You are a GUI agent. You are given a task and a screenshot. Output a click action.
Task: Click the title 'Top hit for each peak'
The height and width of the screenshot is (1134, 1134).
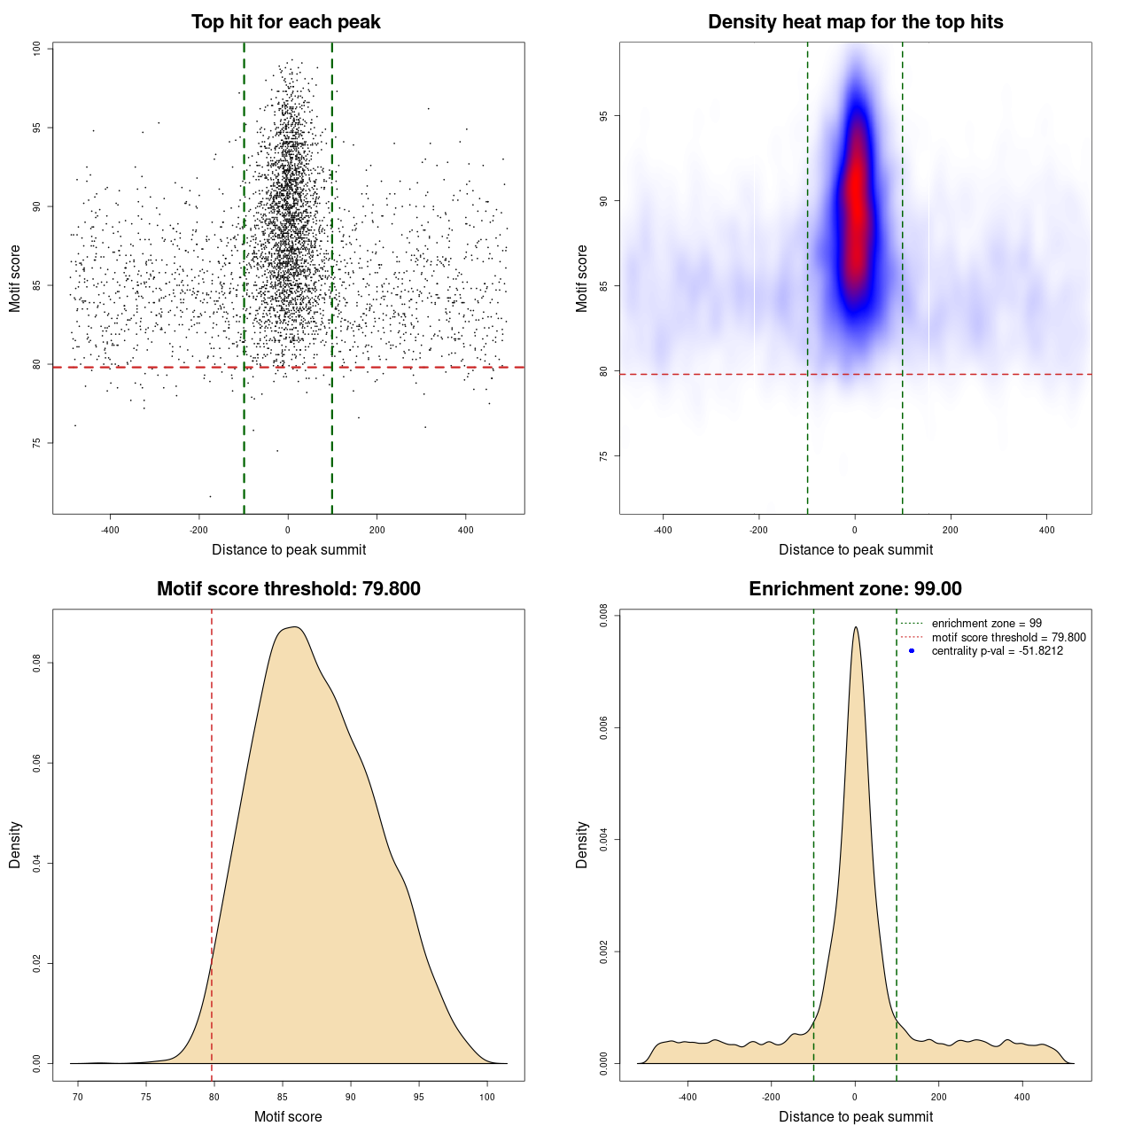coord(285,22)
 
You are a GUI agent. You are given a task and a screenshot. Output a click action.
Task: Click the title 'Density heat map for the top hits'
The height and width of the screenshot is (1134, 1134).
coord(855,22)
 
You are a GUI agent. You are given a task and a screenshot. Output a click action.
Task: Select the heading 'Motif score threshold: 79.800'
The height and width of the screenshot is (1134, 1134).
coord(288,589)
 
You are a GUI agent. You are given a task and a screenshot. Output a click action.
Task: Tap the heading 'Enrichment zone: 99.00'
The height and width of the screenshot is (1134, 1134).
coord(855,589)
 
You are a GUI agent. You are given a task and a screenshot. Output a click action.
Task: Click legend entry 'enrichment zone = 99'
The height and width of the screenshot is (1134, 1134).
coord(986,624)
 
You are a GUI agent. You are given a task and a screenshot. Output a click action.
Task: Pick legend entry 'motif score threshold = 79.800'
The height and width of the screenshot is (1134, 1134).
coord(1008,637)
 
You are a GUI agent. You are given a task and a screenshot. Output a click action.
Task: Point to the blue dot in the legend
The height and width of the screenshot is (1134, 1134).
coord(912,651)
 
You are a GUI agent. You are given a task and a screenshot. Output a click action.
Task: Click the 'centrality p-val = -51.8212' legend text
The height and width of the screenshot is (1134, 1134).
coord(997,651)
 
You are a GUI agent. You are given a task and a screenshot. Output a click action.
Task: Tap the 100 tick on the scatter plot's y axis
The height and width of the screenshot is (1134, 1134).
coord(36,49)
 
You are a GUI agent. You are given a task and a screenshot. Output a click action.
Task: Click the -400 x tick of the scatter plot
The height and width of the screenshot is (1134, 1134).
coord(110,530)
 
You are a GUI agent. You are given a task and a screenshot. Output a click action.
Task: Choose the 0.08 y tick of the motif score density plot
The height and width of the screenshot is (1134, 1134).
coord(36,663)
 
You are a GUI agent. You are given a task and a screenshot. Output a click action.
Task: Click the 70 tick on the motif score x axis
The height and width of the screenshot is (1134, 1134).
coord(78,1097)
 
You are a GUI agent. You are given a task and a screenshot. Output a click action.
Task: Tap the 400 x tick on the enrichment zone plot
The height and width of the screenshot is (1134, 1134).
coord(1022,1097)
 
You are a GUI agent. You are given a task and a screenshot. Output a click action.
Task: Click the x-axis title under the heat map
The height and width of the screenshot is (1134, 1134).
coord(855,549)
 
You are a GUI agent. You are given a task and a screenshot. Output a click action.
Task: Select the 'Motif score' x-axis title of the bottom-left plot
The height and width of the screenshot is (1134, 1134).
coord(288,1116)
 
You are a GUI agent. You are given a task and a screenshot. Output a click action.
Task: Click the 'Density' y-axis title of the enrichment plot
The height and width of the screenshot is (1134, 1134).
coord(582,844)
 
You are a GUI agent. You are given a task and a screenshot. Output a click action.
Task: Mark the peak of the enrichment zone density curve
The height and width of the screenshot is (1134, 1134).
coord(855,628)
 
